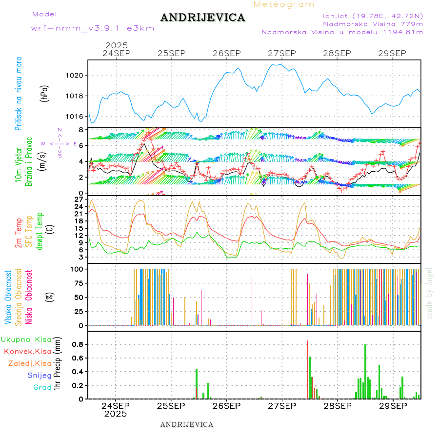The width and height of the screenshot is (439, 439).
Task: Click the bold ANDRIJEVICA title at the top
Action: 202,18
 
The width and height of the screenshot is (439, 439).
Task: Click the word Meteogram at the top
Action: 284,4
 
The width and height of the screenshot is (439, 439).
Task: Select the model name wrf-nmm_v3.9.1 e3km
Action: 93,28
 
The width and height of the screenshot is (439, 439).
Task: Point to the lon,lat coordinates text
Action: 369,16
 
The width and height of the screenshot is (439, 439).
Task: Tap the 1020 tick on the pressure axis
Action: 75,75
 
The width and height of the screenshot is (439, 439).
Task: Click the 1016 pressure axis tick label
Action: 75,116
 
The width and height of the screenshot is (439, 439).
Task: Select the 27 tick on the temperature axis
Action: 79,199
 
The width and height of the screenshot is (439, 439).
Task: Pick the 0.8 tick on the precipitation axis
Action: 78,344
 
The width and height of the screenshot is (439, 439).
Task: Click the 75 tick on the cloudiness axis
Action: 79,283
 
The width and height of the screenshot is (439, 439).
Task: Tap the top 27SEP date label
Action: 282,53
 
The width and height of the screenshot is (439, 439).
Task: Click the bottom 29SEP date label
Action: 393,405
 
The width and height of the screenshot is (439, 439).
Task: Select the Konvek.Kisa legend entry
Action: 27,351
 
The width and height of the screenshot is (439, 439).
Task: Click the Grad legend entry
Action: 42,387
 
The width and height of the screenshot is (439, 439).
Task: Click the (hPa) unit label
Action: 44,93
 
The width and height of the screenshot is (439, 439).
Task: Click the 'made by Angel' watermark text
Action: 430,292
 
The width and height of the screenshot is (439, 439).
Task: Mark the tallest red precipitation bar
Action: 307,370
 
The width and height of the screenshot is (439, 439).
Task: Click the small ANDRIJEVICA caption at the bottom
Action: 187,424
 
